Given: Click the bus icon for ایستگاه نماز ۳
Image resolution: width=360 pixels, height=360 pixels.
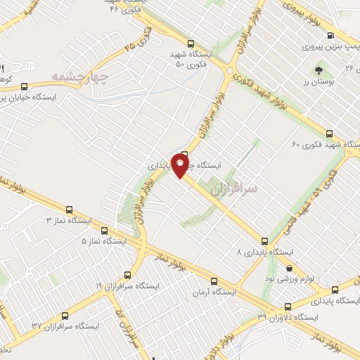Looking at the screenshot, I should [69, 210].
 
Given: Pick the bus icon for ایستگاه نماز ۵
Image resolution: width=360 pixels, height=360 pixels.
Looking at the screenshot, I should [104, 230].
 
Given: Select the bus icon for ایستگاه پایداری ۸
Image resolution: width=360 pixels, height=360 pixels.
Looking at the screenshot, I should [264, 240].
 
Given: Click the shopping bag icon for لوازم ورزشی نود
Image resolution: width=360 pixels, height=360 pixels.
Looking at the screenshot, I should [290, 268].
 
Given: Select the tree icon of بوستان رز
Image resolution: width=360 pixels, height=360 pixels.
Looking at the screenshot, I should [319, 70].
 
